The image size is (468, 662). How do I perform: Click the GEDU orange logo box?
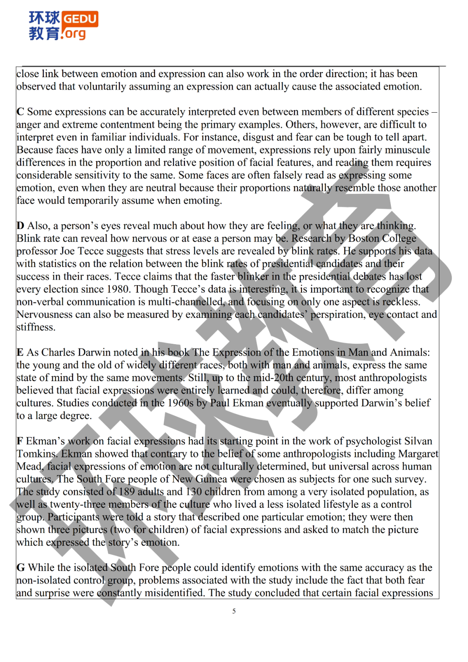80,19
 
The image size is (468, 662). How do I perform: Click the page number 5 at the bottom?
234,611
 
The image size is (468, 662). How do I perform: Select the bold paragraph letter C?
20,112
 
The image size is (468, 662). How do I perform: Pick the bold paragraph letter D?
20,226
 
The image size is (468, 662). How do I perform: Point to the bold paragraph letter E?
20,352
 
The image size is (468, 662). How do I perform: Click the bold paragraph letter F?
19,441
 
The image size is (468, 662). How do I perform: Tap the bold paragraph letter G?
20,568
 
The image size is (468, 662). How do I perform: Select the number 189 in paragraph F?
127,492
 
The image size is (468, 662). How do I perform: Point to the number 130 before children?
194,492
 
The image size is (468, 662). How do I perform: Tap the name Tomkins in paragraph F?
36,454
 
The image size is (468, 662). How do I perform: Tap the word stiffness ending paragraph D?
36,327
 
